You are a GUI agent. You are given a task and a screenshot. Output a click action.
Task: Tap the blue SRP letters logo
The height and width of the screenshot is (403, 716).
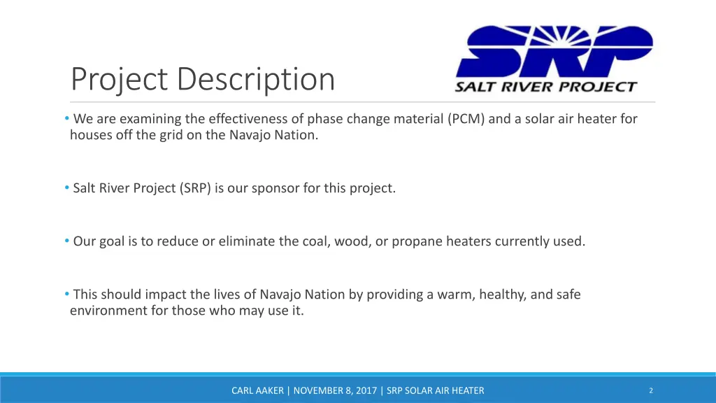[x=554, y=52]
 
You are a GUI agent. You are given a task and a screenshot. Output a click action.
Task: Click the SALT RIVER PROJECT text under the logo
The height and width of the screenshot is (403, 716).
[x=545, y=87]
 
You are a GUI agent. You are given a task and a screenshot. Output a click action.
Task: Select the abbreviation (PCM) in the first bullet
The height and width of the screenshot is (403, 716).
[x=466, y=119]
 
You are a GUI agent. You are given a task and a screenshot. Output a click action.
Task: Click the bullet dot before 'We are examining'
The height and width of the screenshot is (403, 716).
[x=66, y=118]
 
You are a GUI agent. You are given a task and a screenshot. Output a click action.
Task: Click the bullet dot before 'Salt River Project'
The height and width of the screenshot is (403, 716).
[x=66, y=188]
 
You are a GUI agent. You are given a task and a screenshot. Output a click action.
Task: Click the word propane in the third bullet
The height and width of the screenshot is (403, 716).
[x=415, y=241]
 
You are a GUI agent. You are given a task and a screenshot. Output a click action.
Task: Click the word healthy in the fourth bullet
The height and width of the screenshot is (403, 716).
[x=504, y=295]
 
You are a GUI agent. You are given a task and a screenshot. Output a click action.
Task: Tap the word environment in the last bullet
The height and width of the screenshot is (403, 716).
[x=108, y=311]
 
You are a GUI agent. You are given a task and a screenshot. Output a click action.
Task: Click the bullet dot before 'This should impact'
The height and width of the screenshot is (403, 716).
[x=66, y=294]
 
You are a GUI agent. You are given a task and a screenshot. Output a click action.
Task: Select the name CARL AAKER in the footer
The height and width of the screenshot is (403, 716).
[x=258, y=391]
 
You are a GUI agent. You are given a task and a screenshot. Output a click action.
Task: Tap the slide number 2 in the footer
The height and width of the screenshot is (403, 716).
[x=651, y=390]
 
